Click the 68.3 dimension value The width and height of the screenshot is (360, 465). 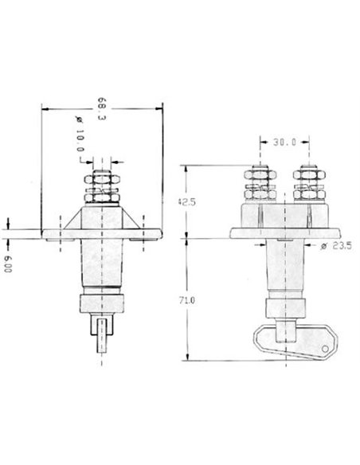click(102, 108)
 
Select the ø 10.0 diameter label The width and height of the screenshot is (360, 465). click(80, 134)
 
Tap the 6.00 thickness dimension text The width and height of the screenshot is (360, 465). click(8, 264)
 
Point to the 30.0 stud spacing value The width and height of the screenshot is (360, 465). click(284, 143)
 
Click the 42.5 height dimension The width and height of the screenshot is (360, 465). click(186, 202)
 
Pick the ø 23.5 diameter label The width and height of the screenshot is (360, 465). click(336, 245)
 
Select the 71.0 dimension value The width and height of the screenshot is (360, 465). click(187, 300)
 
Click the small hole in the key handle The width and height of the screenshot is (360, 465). click(325, 349)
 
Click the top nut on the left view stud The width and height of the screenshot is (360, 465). click(102, 179)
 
